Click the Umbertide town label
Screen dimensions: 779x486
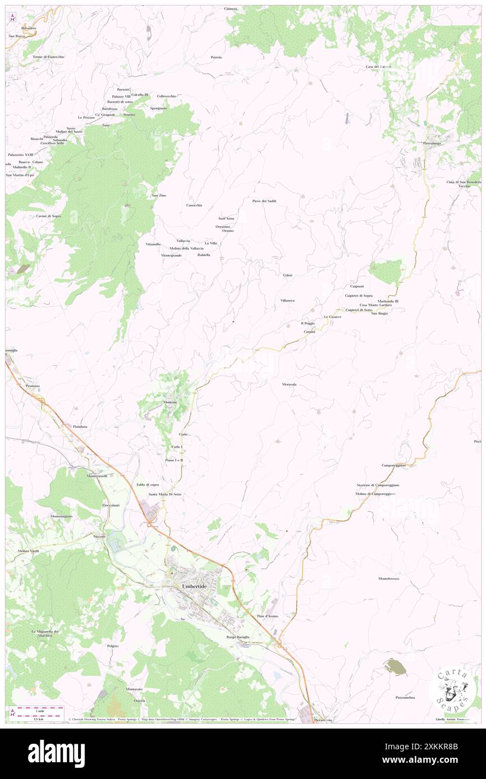(x=195, y=586)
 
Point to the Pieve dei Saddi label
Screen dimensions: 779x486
(x=264, y=201)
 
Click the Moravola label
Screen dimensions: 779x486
(x=289, y=384)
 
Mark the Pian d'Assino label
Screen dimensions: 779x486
(x=267, y=616)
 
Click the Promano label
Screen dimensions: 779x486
(x=33, y=386)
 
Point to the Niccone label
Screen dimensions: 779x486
(x=100, y=536)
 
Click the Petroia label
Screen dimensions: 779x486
(x=216, y=57)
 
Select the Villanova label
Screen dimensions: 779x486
(x=287, y=300)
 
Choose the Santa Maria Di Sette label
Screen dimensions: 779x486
(x=165, y=494)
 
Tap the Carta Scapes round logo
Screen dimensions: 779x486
(x=453, y=689)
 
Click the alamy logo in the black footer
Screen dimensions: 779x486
(x=56, y=753)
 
